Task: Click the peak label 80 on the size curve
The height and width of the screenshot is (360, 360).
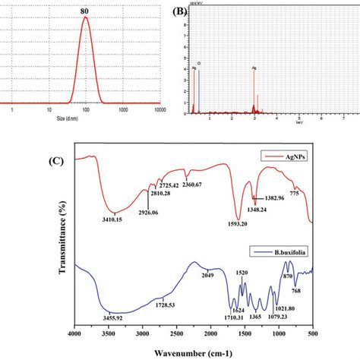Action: (x=85, y=10)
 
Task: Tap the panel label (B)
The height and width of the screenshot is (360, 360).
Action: (x=179, y=12)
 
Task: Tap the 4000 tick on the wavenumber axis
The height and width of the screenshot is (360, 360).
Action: (x=74, y=332)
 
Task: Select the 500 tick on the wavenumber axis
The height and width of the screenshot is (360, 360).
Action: (x=313, y=332)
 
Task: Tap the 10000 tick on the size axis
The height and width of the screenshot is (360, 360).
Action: (x=160, y=110)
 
